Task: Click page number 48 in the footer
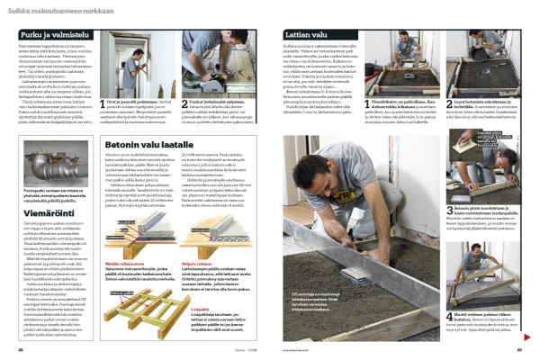pos(20,351)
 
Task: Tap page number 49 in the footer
pos(519,351)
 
